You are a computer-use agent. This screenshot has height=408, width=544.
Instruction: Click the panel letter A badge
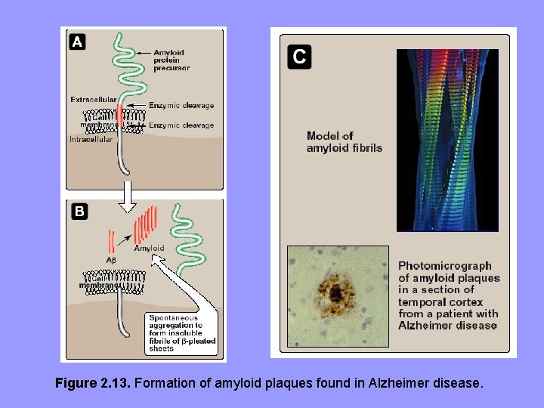point(78,42)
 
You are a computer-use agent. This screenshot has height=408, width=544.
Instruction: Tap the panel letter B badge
point(79,212)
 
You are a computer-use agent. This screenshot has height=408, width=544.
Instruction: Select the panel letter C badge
point(299,56)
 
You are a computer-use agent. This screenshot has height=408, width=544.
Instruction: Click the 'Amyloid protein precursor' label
point(171,60)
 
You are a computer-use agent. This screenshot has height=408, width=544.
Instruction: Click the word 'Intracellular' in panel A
point(91,140)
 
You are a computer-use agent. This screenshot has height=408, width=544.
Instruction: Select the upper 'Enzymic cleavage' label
point(181,106)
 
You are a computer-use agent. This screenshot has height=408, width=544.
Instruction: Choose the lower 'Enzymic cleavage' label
point(181,125)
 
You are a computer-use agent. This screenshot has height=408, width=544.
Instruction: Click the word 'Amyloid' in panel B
point(149,248)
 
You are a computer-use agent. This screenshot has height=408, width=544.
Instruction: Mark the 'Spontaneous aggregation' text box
point(181,332)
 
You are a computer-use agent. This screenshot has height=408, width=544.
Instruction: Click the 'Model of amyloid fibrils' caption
point(344,142)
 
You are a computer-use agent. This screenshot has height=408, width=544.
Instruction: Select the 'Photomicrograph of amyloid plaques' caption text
point(448,295)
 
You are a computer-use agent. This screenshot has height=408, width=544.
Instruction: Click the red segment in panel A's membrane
point(119,116)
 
